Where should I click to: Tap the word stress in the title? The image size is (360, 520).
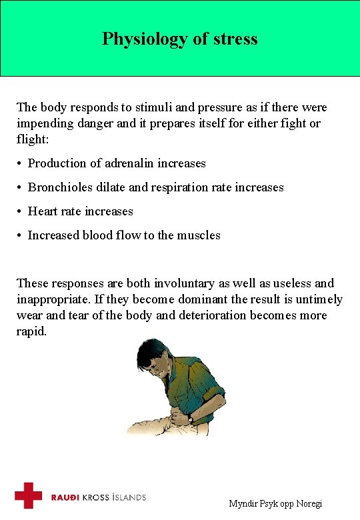pyautogui.click(x=235, y=39)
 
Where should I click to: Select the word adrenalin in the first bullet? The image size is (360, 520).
pyautogui.click(x=127, y=163)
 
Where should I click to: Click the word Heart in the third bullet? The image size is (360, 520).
pyautogui.click(x=43, y=211)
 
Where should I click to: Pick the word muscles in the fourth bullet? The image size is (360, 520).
pyautogui.click(x=199, y=235)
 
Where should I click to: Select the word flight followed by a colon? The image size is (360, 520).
pyautogui.click(x=30, y=139)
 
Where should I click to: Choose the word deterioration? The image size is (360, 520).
pyautogui.click(x=213, y=315)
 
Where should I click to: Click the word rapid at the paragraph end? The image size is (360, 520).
pyautogui.click(x=31, y=331)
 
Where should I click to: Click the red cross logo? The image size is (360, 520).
pyautogui.click(x=29, y=496)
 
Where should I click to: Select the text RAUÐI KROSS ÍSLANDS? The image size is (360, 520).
pyautogui.click(x=98, y=497)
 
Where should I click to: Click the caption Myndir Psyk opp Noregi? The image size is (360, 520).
pyautogui.click(x=275, y=504)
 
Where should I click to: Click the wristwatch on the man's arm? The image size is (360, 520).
pyautogui.click(x=191, y=419)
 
